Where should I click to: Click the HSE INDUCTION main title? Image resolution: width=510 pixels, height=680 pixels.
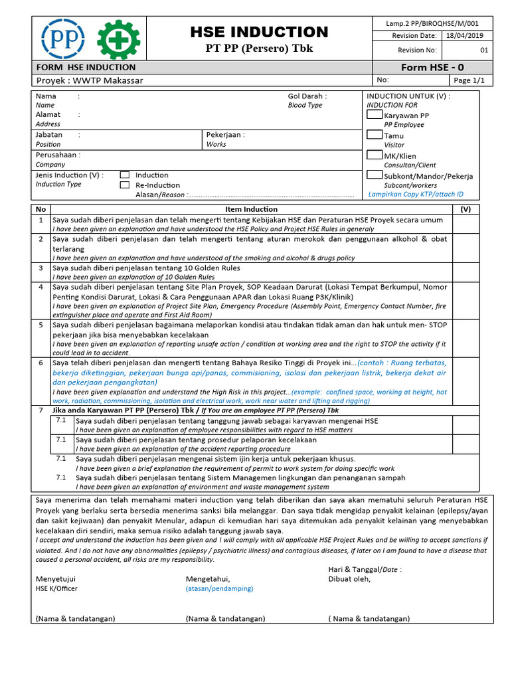click(x=259, y=32)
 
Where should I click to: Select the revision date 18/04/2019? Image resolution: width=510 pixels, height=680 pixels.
click(x=465, y=36)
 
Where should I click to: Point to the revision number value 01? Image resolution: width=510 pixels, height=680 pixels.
click(x=483, y=50)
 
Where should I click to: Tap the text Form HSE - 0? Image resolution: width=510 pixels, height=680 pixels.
click(x=432, y=67)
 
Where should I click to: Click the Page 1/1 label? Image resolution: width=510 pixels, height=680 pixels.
click(x=469, y=80)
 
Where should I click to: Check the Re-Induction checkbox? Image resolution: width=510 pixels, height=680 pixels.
click(x=124, y=185)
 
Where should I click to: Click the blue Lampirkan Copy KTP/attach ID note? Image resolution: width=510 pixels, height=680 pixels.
click(x=416, y=195)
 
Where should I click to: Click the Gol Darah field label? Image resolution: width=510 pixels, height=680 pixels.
click(x=307, y=96)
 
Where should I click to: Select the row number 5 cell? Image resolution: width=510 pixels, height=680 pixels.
click(x=41, y=325)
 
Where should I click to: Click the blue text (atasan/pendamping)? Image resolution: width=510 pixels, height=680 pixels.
click(x=219, y=588)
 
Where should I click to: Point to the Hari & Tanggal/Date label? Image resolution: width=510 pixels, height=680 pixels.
click(x=365, y=569)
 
